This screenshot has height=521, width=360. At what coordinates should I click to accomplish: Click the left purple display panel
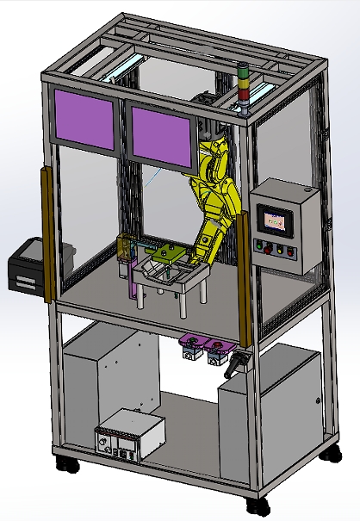tap(84, 117)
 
